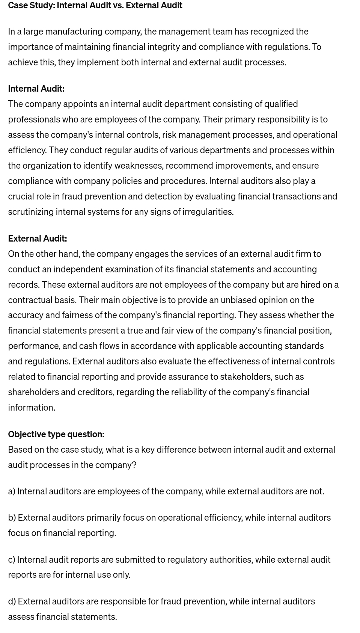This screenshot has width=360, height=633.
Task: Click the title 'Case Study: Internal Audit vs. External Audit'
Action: (x=95, y=5)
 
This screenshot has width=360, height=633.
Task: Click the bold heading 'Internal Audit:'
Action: (x=36, y=89)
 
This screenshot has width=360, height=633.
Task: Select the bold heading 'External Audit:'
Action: (x=37, y=239)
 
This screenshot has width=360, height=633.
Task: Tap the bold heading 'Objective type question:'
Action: (x=56, y=434)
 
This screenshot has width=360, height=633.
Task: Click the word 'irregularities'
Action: (x=207, y=212)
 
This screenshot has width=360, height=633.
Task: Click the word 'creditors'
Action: (x=95, y=392)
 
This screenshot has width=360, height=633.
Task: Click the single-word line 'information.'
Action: (x=32, y=408)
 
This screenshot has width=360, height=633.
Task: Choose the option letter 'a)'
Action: (x=12, y=491)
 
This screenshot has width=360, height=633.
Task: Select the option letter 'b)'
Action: (x=12, y=518)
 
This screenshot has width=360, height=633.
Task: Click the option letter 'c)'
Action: (x=12, y=560)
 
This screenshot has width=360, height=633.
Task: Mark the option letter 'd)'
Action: (x=12, y=601)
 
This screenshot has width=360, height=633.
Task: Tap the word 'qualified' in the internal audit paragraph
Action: (x=281, y=104)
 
